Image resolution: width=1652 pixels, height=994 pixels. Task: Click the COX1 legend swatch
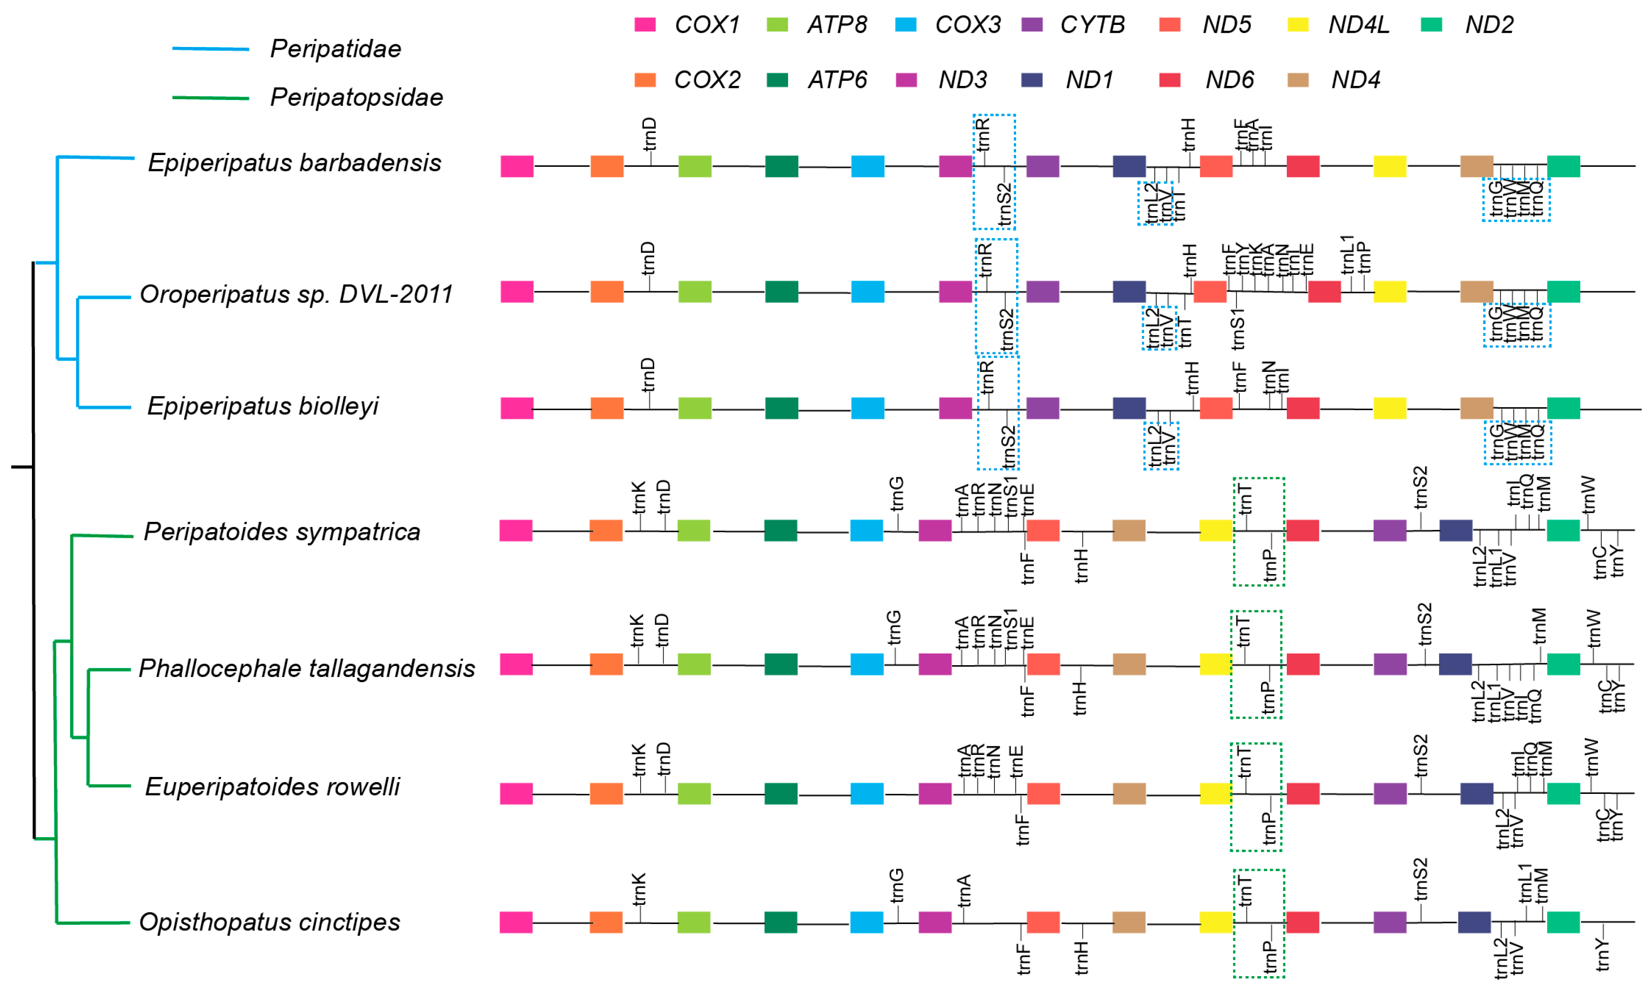pyautogui.click(x=645, y=25)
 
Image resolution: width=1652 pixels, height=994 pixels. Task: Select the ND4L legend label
pyautogui.click(x=1358, y=25)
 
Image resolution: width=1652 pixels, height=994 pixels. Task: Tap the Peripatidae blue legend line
pyautogui.click(x=211, y=49)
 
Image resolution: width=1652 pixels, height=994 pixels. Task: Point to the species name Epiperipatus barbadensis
pyautogui.click(x=294, y=163)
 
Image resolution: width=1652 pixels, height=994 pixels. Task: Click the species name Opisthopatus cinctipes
pyautogui.click(x=269, y=922)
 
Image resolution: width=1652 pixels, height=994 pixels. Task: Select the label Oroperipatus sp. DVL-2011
pyautogui.click(x=296, y=294)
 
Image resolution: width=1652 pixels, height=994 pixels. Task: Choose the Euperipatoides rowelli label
pyautogui.click(x=272, y=786)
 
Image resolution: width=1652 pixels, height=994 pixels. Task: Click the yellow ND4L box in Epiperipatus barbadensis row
pyautogui.click(x=1389, y=166)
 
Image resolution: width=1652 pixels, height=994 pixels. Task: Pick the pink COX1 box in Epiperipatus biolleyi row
pyautogui.click(x=517, y=408)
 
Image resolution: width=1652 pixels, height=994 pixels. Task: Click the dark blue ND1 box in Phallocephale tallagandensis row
pyautogui.click(x=1455, y=664)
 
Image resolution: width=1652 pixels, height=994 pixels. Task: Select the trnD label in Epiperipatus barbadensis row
pyautogui.click(x=649, y=134)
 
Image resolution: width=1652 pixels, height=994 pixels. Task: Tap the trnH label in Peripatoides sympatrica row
pyautogui.click(x=1081, y=566)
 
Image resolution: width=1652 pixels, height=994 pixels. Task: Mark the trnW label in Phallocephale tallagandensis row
pyautogui.click(x=1594, y=628)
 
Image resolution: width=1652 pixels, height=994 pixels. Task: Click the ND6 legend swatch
pyautogui.click(x=1169, y=80)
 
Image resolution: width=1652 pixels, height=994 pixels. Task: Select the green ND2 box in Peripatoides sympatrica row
pyautogui.click(x=1563, y=530)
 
